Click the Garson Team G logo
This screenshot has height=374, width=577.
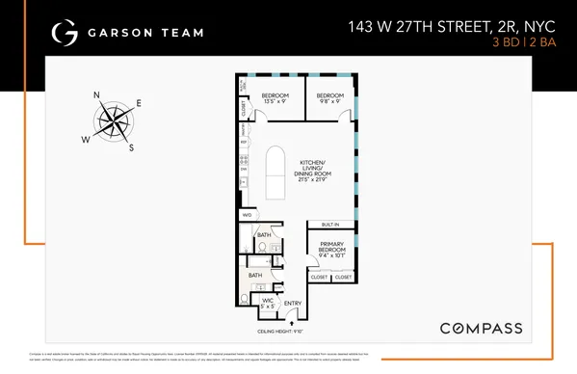pyautogui.click(x=66, y=32)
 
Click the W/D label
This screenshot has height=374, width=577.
pyautogui.click(x=248, y=215)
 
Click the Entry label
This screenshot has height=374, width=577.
pyautogui.click(x=293, y=303)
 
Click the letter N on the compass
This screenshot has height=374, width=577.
pyautogui.click(x=96, y=95)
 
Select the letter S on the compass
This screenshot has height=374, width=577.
pyautogui.click(x=132, y=147)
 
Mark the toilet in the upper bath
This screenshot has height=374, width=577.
pyautogui.click(x=262, y=248)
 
